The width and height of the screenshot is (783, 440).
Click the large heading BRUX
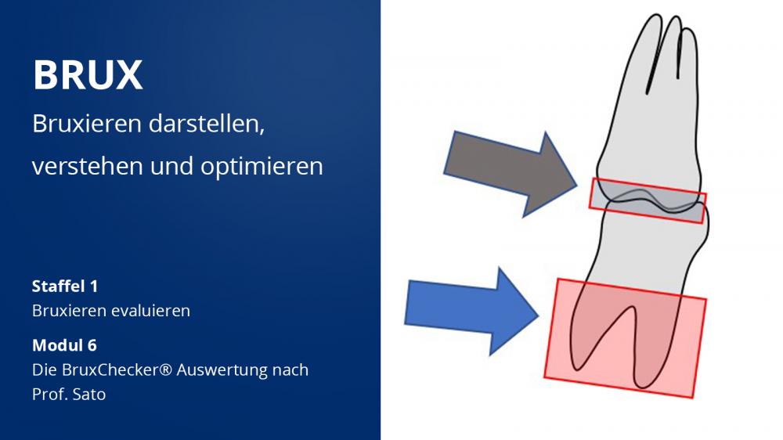tap(88, 75)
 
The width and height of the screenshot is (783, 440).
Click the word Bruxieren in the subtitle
tap(87, 124)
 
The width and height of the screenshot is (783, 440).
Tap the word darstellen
tap(206, 124)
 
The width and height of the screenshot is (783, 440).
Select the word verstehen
tap(88, 166)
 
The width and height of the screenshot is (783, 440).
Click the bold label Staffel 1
tap(65, 287)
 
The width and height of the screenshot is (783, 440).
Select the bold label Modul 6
tap(64, 345)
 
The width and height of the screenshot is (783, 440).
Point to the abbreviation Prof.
tap(49, 395)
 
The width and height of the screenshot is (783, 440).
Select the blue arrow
tap(471, 312)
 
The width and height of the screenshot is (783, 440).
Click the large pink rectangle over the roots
tap(625, 338)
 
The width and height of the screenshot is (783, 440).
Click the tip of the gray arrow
tap(577, 185)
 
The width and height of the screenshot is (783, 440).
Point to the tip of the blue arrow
tap(539, 316)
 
